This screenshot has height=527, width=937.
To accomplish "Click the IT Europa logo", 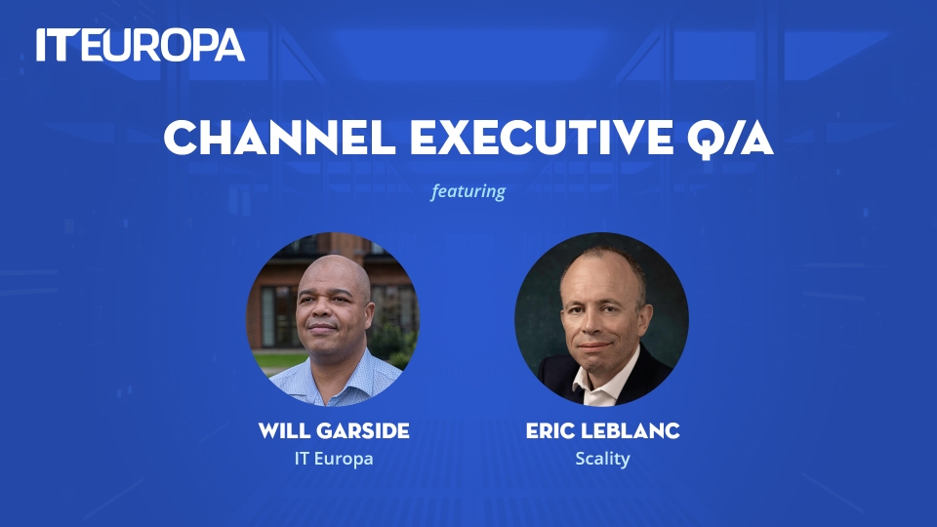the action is click(x=141, y=45).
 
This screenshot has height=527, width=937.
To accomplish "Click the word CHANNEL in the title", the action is click(x=280, y=138).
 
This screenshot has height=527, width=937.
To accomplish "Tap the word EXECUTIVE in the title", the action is click(x=542, y=138).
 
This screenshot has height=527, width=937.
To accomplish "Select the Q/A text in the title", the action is click(x=730, y=139).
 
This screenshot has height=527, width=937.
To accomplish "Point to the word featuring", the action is click(x=468, y=191).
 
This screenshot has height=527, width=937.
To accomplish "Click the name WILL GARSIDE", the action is click(x=334, y=430).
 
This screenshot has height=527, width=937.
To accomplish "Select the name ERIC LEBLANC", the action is click(x=603, y=430).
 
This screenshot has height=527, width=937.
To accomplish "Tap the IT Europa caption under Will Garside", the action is click(x=334, y=459).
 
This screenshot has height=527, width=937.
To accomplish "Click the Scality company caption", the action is click(x=602, y=459).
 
